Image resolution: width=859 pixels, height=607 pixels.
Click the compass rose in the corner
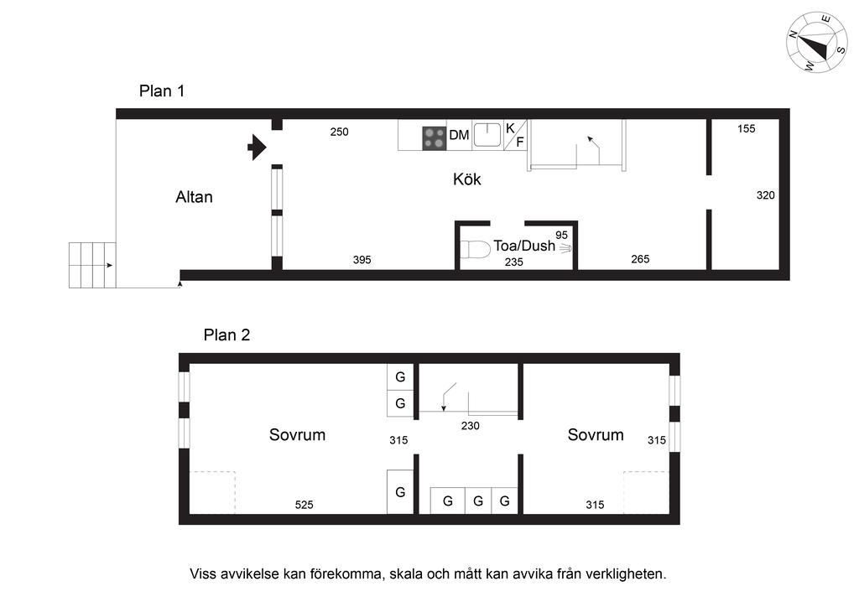point(816,42)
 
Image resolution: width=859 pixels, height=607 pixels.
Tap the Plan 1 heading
point(162,91)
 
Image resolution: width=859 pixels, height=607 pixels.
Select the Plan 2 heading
point(226,335)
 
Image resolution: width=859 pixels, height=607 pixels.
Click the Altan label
point(194,198)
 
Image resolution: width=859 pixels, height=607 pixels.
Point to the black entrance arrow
point(257,148)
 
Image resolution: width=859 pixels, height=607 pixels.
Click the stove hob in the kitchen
point(434,137)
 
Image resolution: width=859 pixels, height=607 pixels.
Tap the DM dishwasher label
point(459,135)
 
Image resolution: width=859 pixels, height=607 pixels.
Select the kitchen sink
point(487,134)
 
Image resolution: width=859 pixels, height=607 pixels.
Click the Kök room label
point(467,179)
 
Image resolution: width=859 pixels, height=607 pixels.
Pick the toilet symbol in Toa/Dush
point(475,250)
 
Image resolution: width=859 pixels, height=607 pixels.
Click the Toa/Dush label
point(524,246)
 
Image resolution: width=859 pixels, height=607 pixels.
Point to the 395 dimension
point(362,260)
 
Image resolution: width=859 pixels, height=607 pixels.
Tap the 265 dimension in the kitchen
point(640,259)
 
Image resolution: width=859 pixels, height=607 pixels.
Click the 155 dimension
point(747,129)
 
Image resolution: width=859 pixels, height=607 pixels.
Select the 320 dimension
point(765,195)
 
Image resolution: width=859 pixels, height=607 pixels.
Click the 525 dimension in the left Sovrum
point(305,505)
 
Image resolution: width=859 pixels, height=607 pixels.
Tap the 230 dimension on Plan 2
point(470,426)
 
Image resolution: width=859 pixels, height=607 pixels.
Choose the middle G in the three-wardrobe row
point(477,501)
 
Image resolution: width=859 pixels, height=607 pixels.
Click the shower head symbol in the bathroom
point(565,248)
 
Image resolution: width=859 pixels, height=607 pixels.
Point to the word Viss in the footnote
point(205,574)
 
